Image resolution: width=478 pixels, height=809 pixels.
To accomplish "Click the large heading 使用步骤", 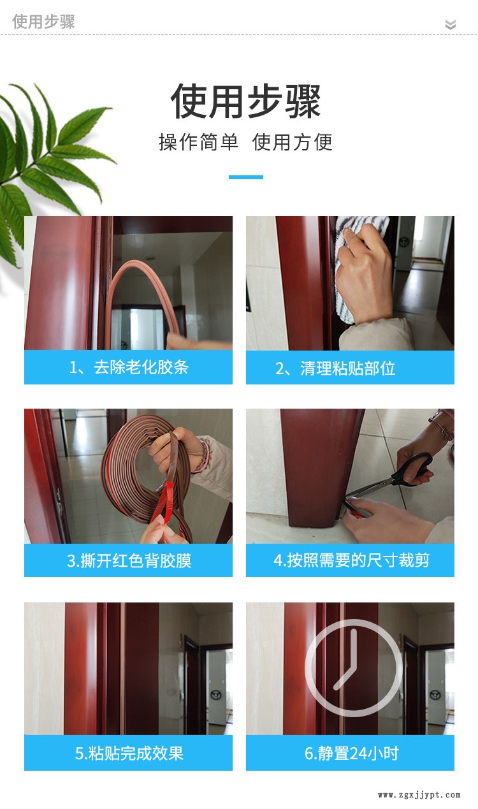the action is coord(245,101).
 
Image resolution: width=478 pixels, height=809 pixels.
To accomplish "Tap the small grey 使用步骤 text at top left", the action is coord(43,21).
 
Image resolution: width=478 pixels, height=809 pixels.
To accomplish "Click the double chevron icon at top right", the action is coord(450,24).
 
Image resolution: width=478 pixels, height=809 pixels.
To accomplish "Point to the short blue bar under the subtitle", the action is coord(245,177).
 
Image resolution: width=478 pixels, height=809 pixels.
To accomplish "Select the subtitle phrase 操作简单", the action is coord(198,142).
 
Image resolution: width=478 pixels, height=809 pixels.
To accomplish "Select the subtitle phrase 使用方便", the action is coord(292,142).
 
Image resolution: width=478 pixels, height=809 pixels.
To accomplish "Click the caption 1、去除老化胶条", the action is coord(129,367).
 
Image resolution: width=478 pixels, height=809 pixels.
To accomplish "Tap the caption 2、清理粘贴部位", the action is coord(335,368).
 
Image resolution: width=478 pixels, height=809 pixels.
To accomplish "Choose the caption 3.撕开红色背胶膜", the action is coord(129,561).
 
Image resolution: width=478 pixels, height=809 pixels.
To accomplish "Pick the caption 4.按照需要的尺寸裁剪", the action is coord(351,560).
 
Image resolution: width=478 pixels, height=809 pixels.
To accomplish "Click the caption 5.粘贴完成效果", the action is coord(129,754).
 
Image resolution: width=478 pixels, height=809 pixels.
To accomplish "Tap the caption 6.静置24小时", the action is coord(351,754).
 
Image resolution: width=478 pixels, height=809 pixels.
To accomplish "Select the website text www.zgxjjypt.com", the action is coord(419,794).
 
